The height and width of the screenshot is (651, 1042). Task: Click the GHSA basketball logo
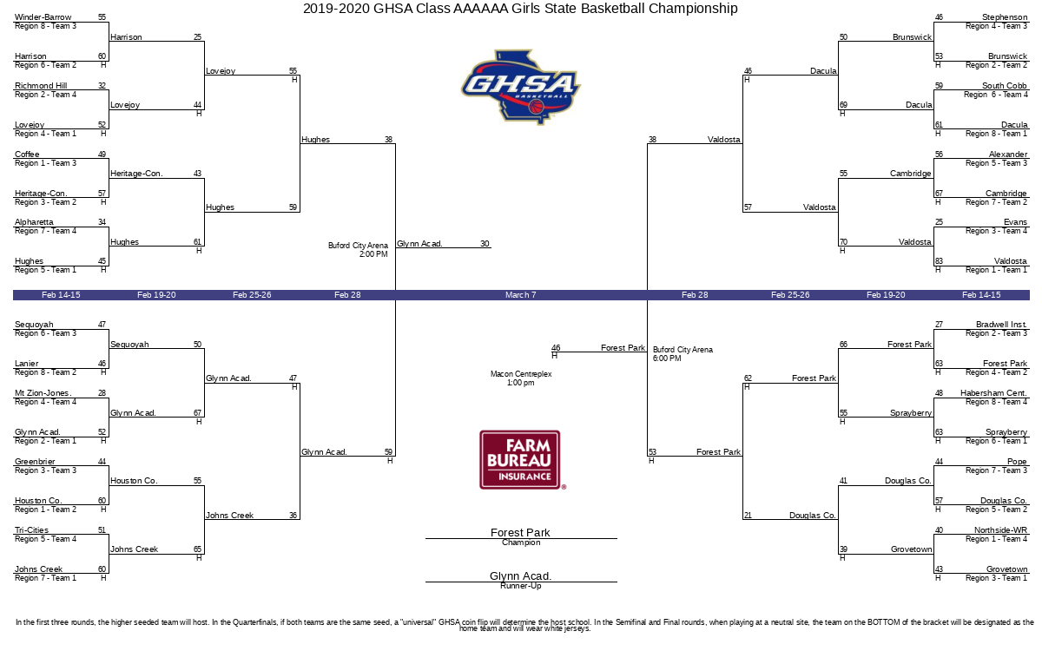(x=520, y=87)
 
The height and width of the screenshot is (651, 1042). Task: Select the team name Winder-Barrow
(x=43, y=17)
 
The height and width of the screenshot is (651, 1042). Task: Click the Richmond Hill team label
(x=41, y=86)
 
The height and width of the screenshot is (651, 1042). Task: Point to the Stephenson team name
(x=1005, y=17)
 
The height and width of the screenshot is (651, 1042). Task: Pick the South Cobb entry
(x=1004, y=86)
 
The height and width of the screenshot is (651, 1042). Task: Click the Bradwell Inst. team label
(x=1001, y=325)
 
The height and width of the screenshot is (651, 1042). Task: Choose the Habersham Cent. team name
(x=993, y=393)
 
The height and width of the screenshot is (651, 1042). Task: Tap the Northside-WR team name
(x=1000, y=530)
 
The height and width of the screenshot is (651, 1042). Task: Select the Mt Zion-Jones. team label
(x=43, y=393)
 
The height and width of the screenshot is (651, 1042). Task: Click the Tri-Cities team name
(x=31, y=530)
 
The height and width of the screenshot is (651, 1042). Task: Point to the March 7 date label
(x=520, y=295)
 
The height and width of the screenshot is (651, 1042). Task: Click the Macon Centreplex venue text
(x=520, y=374)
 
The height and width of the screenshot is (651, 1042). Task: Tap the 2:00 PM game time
(x=373, y=254)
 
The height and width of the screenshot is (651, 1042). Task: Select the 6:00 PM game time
(x=667, y=358)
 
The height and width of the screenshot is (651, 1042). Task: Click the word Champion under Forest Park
(x=521, y=542)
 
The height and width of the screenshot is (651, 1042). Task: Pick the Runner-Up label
(x=521, y=586)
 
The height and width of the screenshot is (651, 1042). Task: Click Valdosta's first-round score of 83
(x=939, y=261)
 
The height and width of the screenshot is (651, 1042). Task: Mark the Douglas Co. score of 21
(x=748, y=516)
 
